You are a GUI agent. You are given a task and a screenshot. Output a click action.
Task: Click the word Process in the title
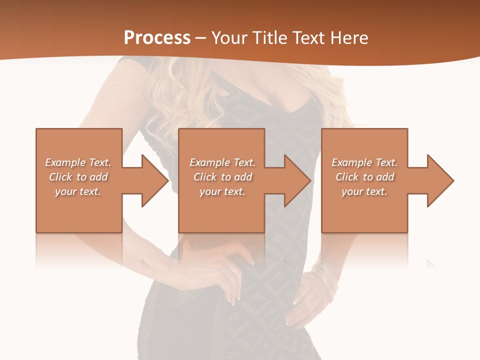pos(157,38)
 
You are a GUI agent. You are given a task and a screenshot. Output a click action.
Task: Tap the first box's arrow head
pos(155,180)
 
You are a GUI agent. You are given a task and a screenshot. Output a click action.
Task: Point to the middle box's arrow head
pos(298,180)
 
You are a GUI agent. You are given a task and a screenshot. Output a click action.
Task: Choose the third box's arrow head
pos(440,180)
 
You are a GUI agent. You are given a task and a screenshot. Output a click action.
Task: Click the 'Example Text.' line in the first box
pos(78,162)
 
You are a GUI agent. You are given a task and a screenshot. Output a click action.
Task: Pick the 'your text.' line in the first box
pos(78,191)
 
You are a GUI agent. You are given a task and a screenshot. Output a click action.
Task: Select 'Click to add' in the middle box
pos(222,177)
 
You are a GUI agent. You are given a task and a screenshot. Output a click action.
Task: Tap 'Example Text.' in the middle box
pos(222,162)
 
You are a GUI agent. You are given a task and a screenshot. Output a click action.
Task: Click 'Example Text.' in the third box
pos(364,162)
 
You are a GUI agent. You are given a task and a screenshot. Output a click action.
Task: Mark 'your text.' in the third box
pos(364,191)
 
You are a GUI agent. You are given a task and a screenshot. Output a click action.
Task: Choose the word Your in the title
pos(229,38)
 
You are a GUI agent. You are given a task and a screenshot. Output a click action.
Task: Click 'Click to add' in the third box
pos(364,177)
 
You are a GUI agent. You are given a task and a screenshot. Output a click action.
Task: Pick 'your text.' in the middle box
pos(222,191)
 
